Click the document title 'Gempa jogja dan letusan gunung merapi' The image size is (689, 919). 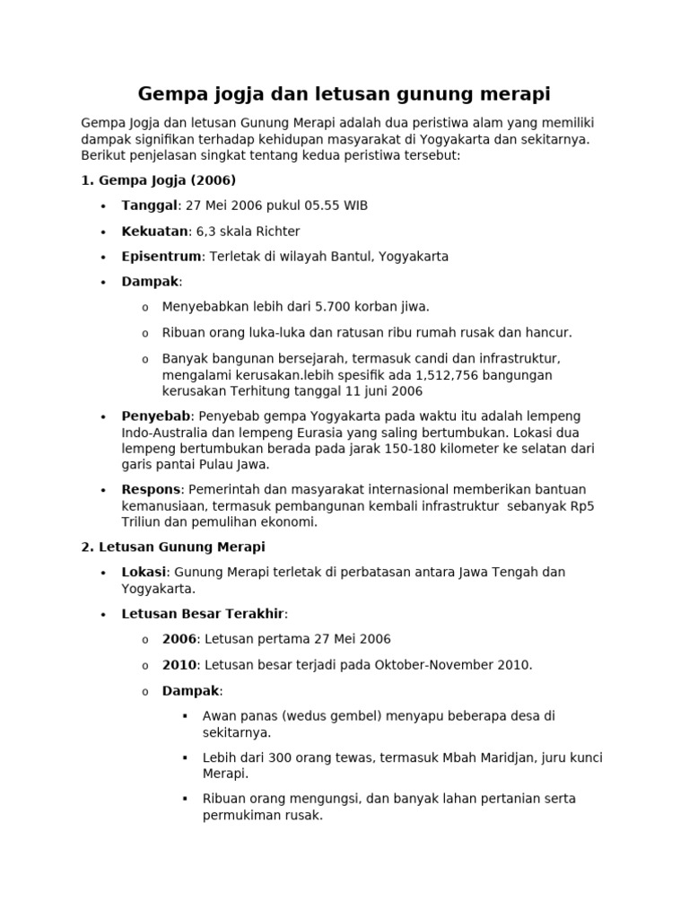coord(344,93)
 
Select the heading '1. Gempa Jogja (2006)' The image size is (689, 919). coord(159,180)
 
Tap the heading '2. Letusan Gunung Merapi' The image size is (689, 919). coord(173,547)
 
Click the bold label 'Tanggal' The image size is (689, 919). coord(150,206)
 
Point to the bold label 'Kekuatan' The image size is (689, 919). coord(154,232)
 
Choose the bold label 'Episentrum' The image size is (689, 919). coord(161,257)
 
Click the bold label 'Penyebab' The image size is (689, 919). coord(156,416)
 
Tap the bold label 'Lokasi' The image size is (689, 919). coord(144,572)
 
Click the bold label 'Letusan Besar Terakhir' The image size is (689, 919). coord(203,614)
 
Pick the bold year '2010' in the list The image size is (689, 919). coord(179,665)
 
